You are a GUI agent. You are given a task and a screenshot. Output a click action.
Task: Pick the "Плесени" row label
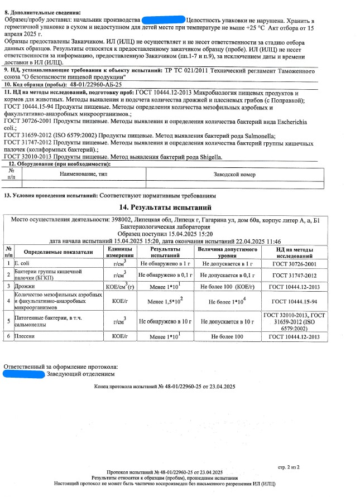click(x=26, y=336)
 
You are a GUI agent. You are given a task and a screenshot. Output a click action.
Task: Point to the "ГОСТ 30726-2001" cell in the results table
click(x=294, y=263)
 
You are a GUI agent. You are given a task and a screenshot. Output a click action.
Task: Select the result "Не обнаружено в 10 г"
click(x=165, y=321)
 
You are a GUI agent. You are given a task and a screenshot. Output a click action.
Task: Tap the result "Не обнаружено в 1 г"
click(x=165, y=263)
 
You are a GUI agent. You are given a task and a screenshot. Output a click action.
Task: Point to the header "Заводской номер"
click(x=234, y=175)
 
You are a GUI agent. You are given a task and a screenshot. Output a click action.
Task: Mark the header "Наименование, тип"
click(x=84, y=175)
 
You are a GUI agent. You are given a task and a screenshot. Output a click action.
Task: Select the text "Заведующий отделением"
click(x=73, y=374)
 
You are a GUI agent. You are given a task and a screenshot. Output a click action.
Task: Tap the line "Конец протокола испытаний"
click(x=165, y=387)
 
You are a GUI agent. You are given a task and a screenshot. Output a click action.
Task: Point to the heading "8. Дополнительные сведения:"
click(x=42, y=12)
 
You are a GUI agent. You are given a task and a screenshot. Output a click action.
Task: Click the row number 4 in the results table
click(x=8, y=301)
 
